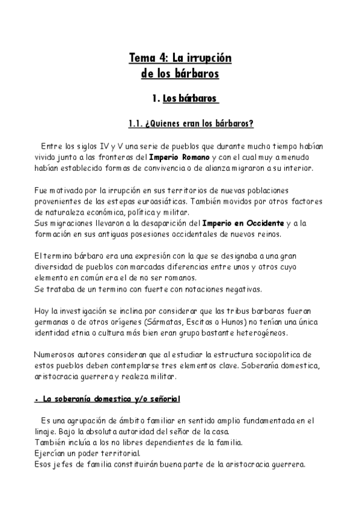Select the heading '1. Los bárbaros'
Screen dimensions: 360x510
[x=186, y=99]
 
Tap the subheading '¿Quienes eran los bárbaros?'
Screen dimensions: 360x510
[x=198, y=124]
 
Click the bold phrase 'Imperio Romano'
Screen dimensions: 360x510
[x=180, y=158]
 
